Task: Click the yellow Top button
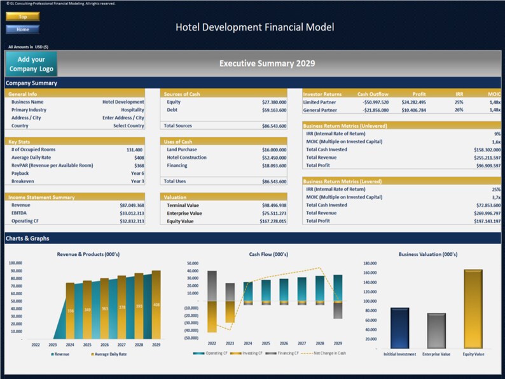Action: click(22, 17)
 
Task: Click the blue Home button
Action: click(22, 29)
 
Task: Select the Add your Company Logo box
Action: click(31, 64)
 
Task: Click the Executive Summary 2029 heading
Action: click(266, 64)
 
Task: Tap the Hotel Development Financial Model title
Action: click(254, 27)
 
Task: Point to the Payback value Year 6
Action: click(137, 173)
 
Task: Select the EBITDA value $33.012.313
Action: click(131, 214)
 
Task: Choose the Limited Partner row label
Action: click(320, 102)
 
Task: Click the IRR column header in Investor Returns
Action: click(459, 94)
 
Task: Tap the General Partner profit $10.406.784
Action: click(413, 110)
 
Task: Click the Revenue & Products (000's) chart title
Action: click(88, 254)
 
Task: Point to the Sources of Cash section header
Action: click(182, 94)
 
